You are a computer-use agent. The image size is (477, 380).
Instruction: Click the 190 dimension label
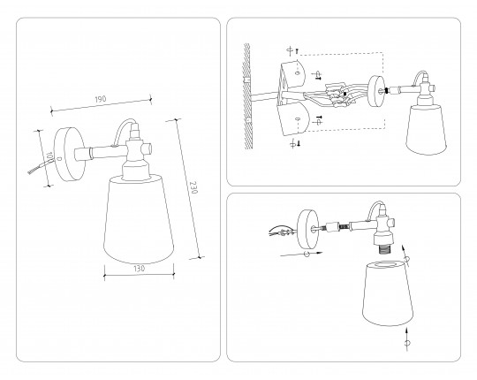click(x=101, y=99)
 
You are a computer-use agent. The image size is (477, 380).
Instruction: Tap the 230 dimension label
click(x=193, y=187)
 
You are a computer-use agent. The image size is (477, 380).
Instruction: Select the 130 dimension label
click(x=139, y=269)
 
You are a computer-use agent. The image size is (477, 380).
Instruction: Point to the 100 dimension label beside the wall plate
click(x=49, y=156)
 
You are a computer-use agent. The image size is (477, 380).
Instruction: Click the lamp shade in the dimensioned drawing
click(x=139, y=219)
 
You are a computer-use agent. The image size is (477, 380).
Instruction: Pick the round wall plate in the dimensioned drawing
click(x=70, y=154)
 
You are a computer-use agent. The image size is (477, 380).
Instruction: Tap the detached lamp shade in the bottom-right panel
click(x=388, y=293)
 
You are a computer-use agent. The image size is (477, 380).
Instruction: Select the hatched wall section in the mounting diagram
click(x=247, y=95)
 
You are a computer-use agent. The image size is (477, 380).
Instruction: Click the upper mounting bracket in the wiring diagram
click(x=292, y=74)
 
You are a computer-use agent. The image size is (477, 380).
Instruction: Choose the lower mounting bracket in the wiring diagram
click(x=293, y=118)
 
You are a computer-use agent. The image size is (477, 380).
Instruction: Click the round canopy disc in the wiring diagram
click(x=376, y=91)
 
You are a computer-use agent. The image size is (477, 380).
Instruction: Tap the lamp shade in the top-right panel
click(x=426, y=130)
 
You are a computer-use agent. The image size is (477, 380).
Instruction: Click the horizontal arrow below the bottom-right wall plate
click(x=301, y=254)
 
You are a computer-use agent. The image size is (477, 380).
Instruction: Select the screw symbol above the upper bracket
click(x=293, y=50)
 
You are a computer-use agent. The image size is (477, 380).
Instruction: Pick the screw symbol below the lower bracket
click(x=295, y=143)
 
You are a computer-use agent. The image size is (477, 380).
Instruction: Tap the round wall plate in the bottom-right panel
click(x=308, y=229)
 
